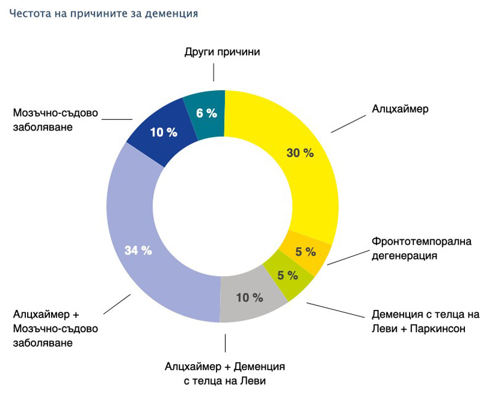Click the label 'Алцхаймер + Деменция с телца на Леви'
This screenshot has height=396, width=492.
point(225,373)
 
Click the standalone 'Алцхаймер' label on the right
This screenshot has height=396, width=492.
point(400,109)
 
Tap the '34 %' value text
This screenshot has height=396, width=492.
point(138,250)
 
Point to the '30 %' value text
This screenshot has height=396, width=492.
point(300,153)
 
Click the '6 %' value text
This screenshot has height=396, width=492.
point(207,113)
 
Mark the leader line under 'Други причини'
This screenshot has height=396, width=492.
point(214,73)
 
